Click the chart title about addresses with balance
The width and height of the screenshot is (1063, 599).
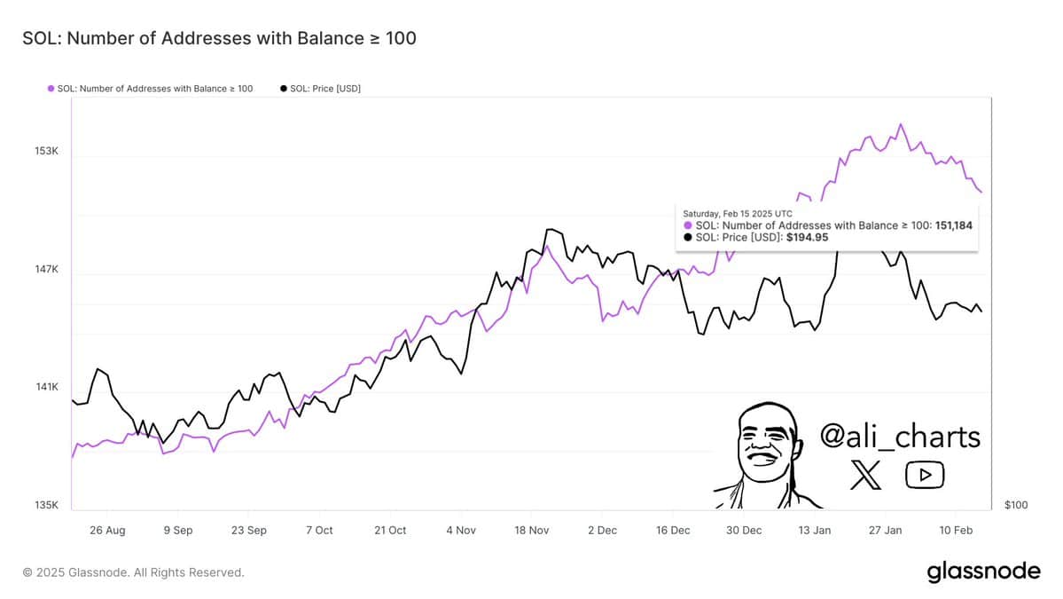click(219, 38)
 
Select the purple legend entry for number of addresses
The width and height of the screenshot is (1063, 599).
click(151, 89)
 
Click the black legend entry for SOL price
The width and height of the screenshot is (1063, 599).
click(320, 89)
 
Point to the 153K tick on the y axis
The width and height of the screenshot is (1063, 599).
click(46, 151)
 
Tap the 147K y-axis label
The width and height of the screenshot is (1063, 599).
click(46, 269)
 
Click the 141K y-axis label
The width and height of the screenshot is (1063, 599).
click(46, 387)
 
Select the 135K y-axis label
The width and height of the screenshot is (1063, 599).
click(46, 505)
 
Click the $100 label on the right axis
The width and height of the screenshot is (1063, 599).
click(1016, 505)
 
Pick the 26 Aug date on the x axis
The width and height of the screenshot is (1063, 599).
click(108, 530)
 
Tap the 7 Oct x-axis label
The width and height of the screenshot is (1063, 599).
click(319, 530)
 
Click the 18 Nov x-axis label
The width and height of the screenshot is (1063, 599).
click(531, 530)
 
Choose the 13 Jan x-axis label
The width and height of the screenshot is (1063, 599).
click(814, 530)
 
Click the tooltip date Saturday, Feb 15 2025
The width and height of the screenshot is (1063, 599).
click(738, 213)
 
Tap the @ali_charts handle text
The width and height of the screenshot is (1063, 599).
click(900, 437)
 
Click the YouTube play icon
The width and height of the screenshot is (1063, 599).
click(925, 476)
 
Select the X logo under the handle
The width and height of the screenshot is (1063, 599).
click(865, 476)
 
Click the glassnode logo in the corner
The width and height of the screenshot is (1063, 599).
click(983, 572)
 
